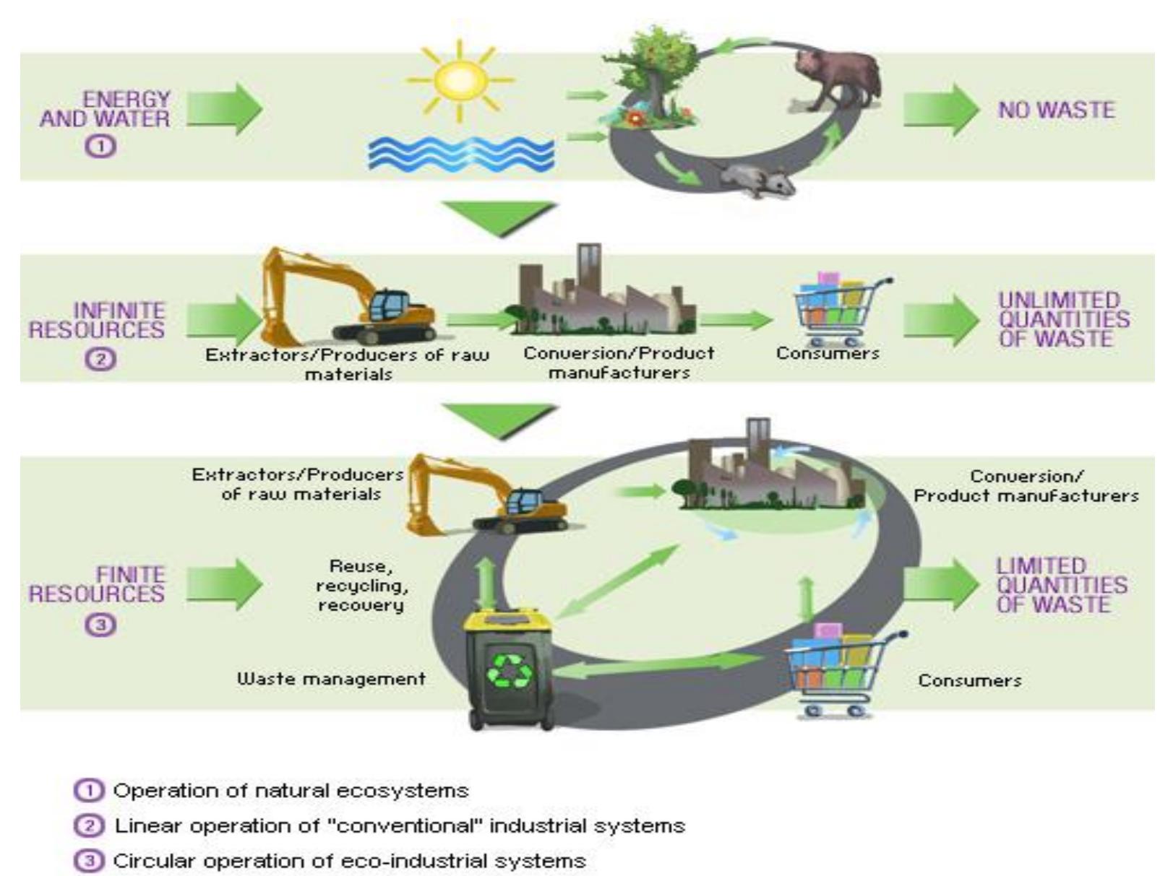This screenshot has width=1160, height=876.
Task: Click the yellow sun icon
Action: click(x=460, y=80)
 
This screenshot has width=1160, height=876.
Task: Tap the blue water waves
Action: click(x=460, y=153)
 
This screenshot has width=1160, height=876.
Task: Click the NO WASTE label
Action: click(x=1056, y=110)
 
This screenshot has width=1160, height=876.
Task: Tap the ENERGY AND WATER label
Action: click(x=106, y=110)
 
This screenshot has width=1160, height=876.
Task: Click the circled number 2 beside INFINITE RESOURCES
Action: click(x=100, y=359)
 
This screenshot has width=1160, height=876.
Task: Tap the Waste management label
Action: click(x=331, y=679)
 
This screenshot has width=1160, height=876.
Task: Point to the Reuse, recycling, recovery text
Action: click(x=361, y=586)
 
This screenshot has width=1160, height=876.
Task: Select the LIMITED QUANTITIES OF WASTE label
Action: click(x=1061, y=586)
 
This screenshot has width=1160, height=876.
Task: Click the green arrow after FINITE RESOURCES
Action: click(x=225, y=584)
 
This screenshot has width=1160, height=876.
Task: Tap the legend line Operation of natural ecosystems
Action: click(x=291, y=791)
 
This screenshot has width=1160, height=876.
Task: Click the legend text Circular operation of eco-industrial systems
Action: click(x=349, y=862)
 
